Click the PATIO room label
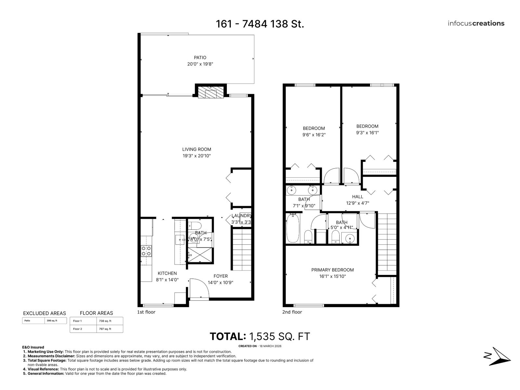(x=200, y=58)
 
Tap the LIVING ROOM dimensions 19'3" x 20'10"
(x=196, y=156)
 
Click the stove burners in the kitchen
(x=146, y=251)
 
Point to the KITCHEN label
(x=167, y=273)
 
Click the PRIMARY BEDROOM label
(x=332, y=270)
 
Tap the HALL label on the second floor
(x=357, y=197)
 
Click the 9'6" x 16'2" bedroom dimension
(x=314, y=135)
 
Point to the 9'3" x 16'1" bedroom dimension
(x=367, y=133)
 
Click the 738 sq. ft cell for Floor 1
(x=105, y=321)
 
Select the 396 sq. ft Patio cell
(x=52, y=321)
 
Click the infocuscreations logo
(x=476, y=23)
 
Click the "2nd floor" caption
(x=292, y=312)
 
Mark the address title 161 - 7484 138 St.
(x=260, y=24)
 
